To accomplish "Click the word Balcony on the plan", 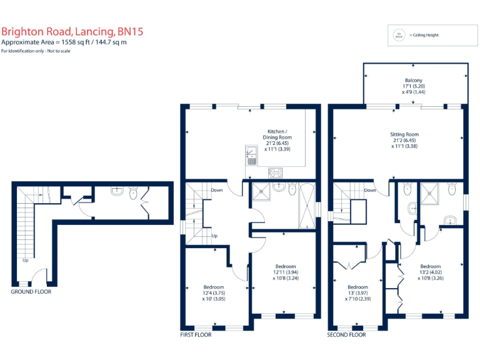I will (x=412, y=80).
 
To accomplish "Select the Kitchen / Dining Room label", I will (x=278, y=134).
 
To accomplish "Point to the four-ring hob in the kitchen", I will (x=276, y=172).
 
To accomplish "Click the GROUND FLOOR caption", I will (x=31, y=291).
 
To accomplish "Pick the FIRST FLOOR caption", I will (x=196, y=335).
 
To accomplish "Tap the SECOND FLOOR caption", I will (x=346, y=335).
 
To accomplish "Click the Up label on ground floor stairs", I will (x=26, y=260).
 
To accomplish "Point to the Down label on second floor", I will (x=370, y=190).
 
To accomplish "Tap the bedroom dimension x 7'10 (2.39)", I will (x=358, y=299).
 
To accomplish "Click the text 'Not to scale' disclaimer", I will (x=56, y=51).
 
